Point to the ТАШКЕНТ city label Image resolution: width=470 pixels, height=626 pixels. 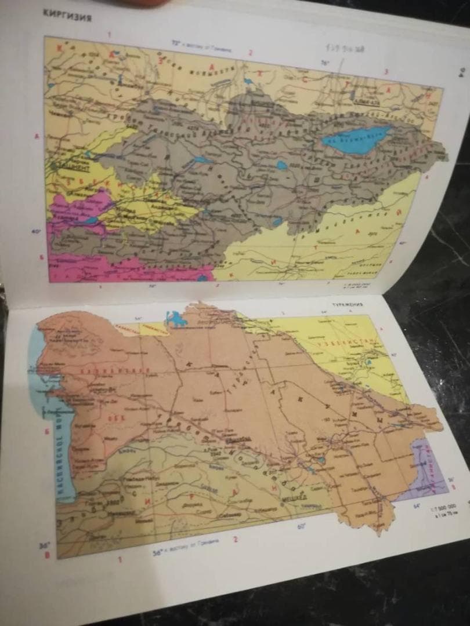(x=69, y=168)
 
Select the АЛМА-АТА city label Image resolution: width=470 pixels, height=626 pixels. (x=366, y=101)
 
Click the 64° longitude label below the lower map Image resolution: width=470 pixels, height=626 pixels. (x=416, y=505)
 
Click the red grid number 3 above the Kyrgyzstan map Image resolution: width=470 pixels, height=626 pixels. (x=386, y=71)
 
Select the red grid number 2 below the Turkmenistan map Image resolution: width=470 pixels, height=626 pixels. (x=235, y=539)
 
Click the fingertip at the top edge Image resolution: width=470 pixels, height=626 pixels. (x=139, y=2)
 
